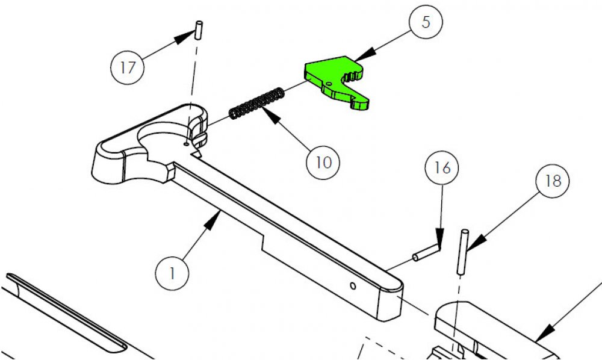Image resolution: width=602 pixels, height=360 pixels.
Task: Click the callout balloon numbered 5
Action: tap(425, 23)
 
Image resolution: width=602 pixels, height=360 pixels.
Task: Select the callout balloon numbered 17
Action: tap(128, 67)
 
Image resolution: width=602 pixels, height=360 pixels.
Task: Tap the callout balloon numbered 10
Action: tap(323, 162)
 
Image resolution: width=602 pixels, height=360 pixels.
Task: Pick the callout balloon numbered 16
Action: tap(442, 167)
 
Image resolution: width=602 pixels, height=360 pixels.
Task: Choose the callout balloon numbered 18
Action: tap(552, 181)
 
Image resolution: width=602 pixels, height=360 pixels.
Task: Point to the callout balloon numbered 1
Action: tap(172, 273)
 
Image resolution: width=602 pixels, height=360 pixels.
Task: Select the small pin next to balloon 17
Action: tap(197, 30)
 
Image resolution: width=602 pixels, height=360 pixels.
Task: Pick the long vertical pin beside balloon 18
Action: tap(464, 252)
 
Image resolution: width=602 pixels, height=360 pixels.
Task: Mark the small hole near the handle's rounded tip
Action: tap(353, 284)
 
